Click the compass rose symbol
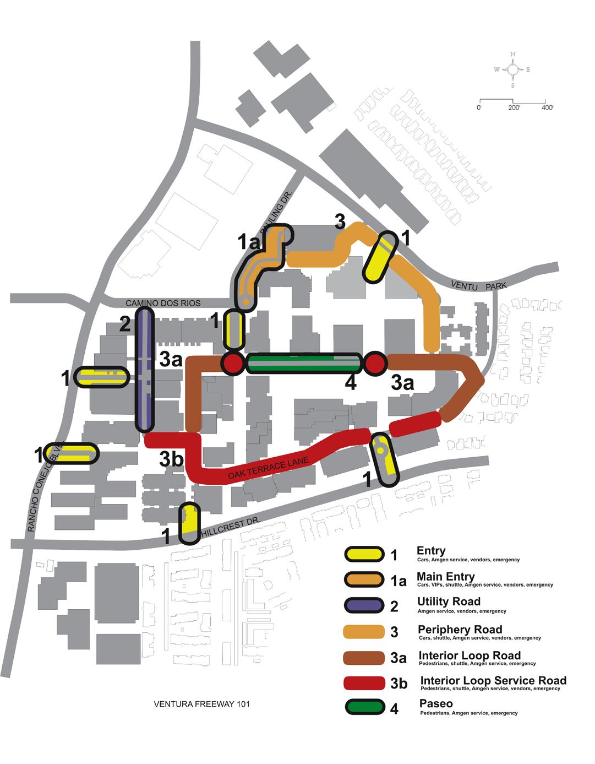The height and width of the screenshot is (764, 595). (x=512, y=69)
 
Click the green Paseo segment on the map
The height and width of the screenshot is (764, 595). (x=304, y=364)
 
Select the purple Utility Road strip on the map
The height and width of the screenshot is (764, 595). (x=144, y=369)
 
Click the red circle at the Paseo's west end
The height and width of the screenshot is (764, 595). (x=232, y=364)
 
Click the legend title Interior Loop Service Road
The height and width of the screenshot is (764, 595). (x=493, y=680)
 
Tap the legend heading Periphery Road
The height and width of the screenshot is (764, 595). (x=460, y=629)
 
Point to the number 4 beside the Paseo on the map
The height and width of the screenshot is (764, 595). (x=350, y=383)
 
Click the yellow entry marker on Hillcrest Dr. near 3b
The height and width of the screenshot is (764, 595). (x=189, y=524)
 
